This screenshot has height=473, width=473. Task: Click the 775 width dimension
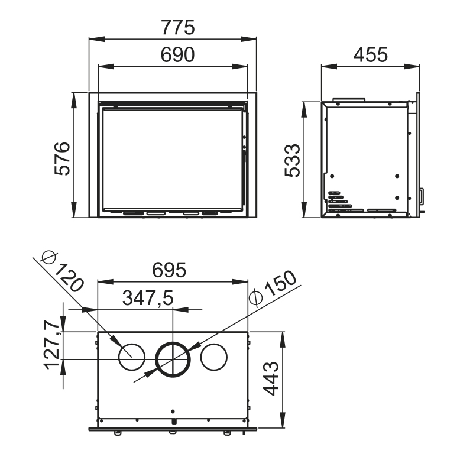(178, 27)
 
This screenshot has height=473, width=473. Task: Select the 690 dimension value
(177, 54)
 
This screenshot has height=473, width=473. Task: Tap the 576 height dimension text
(63, 158)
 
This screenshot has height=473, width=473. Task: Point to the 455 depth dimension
(371, 54)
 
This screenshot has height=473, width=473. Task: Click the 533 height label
(292, 160)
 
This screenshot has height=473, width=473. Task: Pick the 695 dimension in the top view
(169, 270)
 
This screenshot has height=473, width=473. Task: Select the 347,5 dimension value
(148, 298)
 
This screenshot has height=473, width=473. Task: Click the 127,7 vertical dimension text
(51, 344)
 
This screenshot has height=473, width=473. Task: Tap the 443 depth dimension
(271, 378)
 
